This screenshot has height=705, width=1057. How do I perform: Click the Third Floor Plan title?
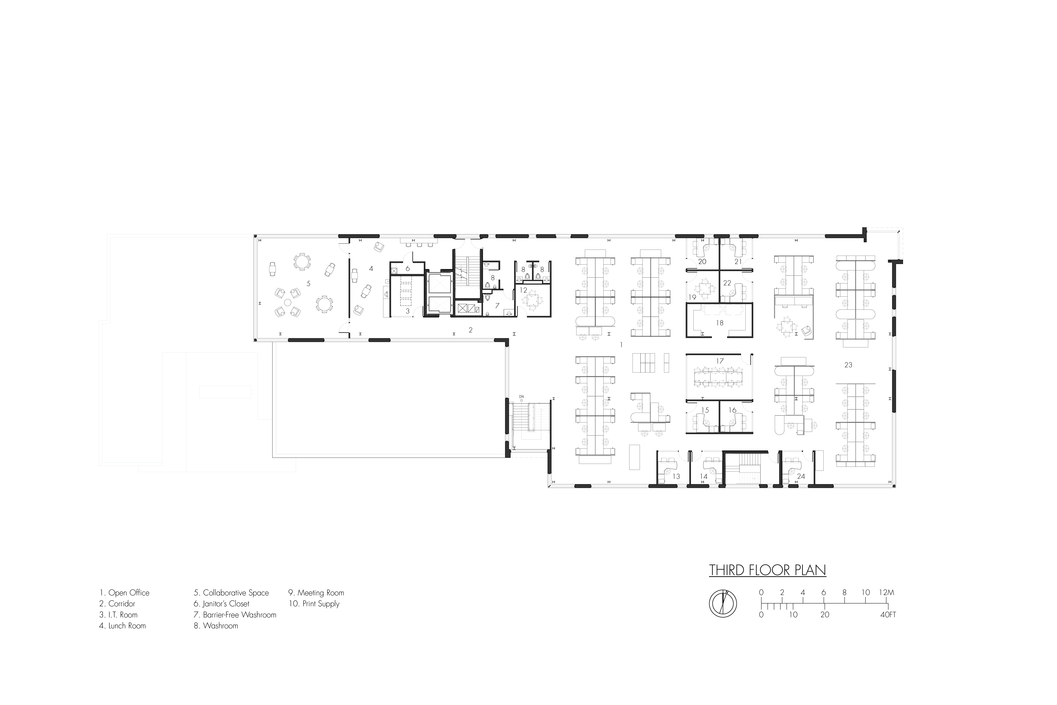767,570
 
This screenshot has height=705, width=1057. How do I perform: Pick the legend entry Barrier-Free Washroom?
235,615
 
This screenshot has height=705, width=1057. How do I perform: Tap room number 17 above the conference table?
720,361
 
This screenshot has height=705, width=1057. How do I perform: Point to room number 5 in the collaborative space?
308,284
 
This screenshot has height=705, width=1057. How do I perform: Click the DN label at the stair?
521,397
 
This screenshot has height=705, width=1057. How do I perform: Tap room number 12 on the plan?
523,290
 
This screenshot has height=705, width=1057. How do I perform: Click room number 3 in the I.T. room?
408,311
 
